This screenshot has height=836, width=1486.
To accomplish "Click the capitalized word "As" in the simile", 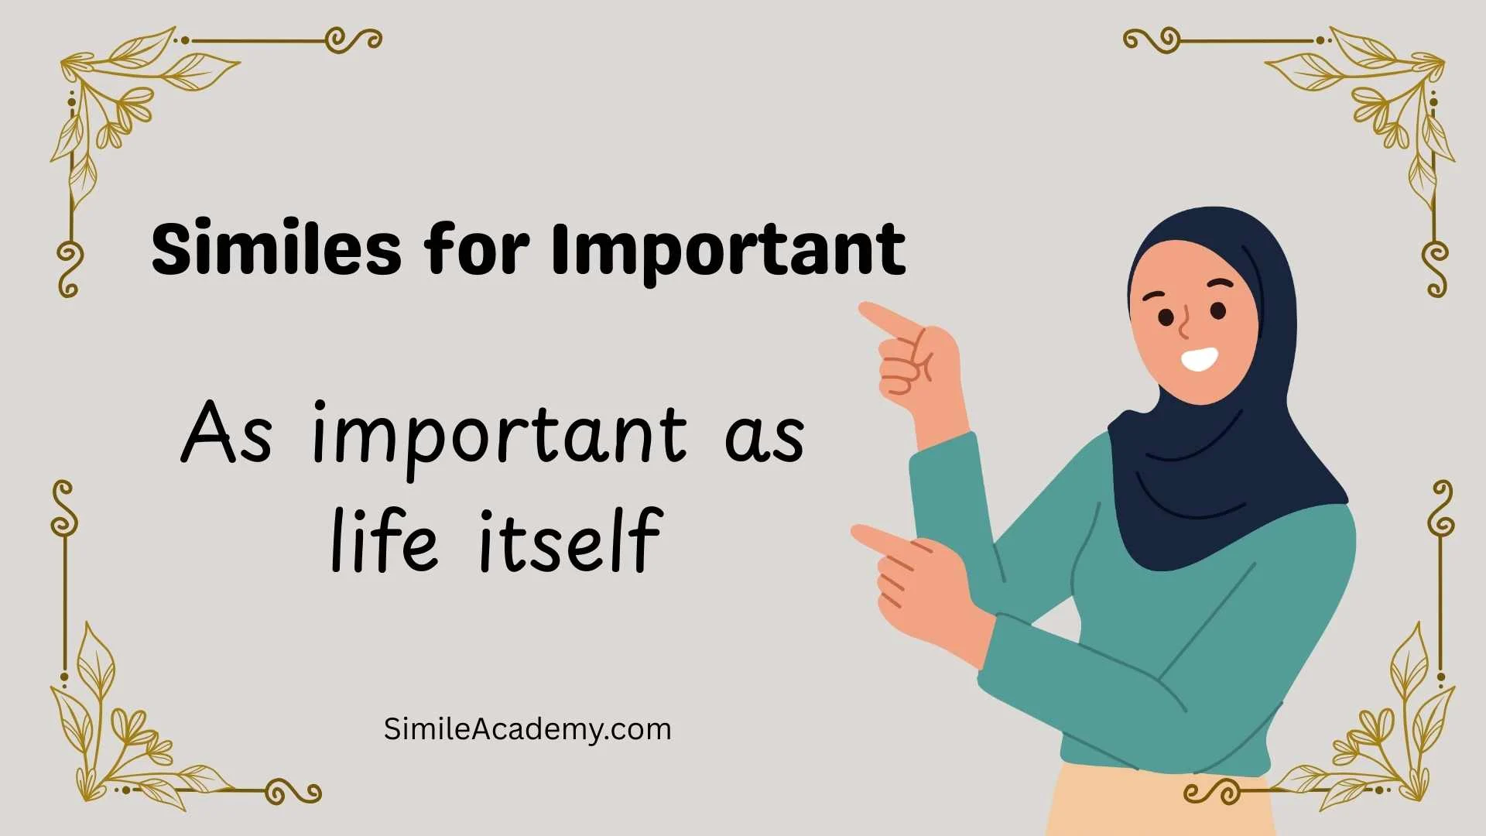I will pos(226,433).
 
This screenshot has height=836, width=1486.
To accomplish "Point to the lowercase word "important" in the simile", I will pos(499,435).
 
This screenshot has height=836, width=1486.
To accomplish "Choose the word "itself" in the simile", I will pos(570,541).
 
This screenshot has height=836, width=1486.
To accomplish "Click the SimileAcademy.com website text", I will pos(527,729).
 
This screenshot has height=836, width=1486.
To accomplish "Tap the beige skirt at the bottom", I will pos(1161,805).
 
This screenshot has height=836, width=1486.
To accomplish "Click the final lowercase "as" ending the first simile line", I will pos(764,439).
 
